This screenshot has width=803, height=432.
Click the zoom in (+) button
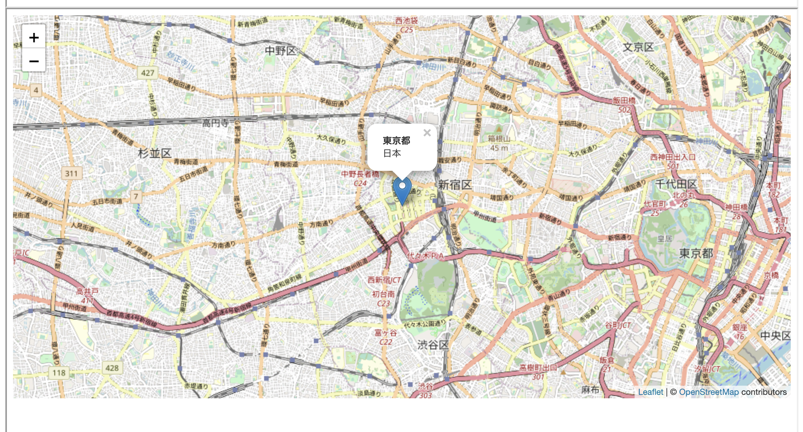(34, 37)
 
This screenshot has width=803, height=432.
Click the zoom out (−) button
(34, 61)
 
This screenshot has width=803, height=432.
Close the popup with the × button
(427, 133)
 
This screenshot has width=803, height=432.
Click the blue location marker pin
(402, 189)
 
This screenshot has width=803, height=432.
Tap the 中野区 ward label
(281, 51)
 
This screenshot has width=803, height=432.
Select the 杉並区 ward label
(155, 153)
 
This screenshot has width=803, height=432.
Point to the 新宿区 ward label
(455, 185)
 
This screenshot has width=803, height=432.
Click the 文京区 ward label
(638, 47)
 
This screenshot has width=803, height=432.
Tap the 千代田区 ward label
(676, 184)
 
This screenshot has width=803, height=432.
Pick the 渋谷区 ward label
(433, 345)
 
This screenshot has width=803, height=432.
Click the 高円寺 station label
(215, 123)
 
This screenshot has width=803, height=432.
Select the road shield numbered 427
(147, 73)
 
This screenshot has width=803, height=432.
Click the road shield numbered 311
(71, 173)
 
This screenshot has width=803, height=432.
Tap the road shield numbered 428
(112, 368)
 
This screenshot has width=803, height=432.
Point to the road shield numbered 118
(59, 373)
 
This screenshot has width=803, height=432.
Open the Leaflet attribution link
(650, 392)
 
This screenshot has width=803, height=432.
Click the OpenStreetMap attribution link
(709, 392)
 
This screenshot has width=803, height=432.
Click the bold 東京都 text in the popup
(397, 141)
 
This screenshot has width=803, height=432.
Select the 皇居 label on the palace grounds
(665, 239)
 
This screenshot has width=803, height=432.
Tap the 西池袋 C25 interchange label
(406, 25)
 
